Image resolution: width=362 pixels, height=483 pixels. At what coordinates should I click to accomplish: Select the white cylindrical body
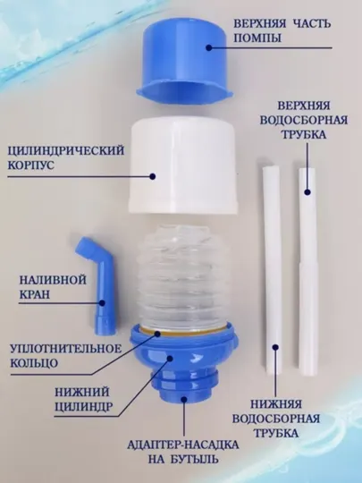[x=183, y=166]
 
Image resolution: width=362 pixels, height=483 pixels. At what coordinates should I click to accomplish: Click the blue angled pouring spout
[x=98, y=285]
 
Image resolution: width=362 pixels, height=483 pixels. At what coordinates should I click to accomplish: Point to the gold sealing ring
[x=184, y=331]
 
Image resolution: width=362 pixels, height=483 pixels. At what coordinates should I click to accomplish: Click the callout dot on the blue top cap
[x=209, y=47]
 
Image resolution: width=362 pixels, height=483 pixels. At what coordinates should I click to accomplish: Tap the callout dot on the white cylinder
[x=152, y=176]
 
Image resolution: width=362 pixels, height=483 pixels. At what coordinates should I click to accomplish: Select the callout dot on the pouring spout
[x=102, y=303]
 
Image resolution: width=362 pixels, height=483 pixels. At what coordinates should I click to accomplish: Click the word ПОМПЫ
[x=257, y=38]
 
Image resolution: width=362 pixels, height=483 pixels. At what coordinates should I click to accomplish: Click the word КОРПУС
[x=30, y=165]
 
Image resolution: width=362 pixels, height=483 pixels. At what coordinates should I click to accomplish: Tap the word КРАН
[x=35, y=294]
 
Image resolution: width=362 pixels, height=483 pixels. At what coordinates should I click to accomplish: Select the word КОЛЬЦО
[x=34, y=363]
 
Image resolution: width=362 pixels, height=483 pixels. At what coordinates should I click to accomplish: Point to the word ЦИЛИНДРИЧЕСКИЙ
[x=66, y=150]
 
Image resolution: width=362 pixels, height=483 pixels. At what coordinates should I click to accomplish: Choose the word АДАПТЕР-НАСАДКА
[x=183, y=445]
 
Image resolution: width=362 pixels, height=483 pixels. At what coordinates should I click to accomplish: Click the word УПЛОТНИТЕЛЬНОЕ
[x=66, y=349]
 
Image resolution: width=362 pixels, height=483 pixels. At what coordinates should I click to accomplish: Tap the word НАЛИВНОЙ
[x=53, y=280]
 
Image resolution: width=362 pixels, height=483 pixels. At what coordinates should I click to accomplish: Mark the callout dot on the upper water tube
[x=307, y=192]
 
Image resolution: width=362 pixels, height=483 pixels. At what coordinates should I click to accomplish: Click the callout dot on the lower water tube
[x=275, y=347]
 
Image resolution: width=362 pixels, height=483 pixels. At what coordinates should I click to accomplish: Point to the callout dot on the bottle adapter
[x=184, y=400]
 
